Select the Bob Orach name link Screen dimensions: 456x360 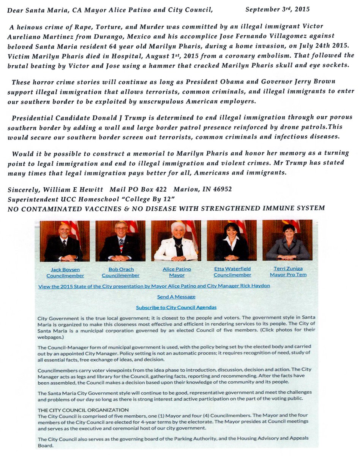pos(121,269)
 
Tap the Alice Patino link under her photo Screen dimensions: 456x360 pos(177,269)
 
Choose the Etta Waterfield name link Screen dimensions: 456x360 pos(232,269)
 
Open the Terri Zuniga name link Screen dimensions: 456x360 pos(287,268)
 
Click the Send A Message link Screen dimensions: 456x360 pos(176,296)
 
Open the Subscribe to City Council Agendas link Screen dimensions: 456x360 pos(176,307)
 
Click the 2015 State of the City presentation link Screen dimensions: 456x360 pos(154,286)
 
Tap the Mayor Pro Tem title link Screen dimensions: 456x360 pos(287,274)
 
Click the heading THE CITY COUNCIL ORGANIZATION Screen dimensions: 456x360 pos(83,410)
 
